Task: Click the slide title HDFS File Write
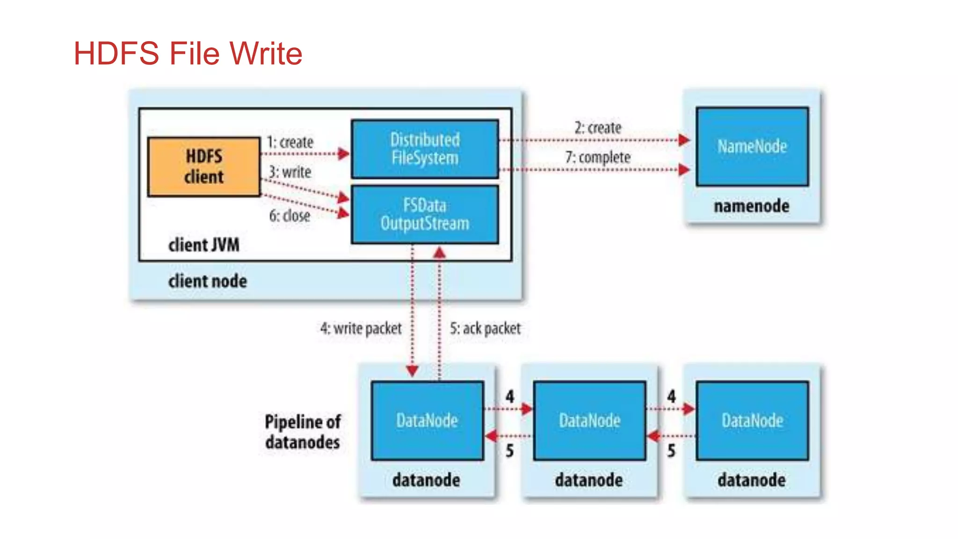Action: point(188,53)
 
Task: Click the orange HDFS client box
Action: point(203,167)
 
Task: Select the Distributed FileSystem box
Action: point(425,149)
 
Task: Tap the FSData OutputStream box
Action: point(425,214)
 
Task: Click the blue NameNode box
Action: point(752,146)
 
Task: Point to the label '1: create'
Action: point(290,142)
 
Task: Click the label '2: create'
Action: point(598,128)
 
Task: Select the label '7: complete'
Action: point(598,157)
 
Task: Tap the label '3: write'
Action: point(290,172)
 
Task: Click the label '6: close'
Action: point(290,216)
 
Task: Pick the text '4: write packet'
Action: point(361,328)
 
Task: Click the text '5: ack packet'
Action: point(485,328)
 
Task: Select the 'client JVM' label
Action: point(203,245)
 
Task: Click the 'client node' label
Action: point(207,281)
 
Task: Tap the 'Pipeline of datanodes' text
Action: point(303,432)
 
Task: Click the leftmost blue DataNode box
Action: point(427,421)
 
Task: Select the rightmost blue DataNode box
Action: point(752,421)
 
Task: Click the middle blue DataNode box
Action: point(589,421)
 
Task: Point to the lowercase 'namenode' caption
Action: point(751,206)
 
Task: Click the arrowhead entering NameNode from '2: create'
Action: point(684,139)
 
